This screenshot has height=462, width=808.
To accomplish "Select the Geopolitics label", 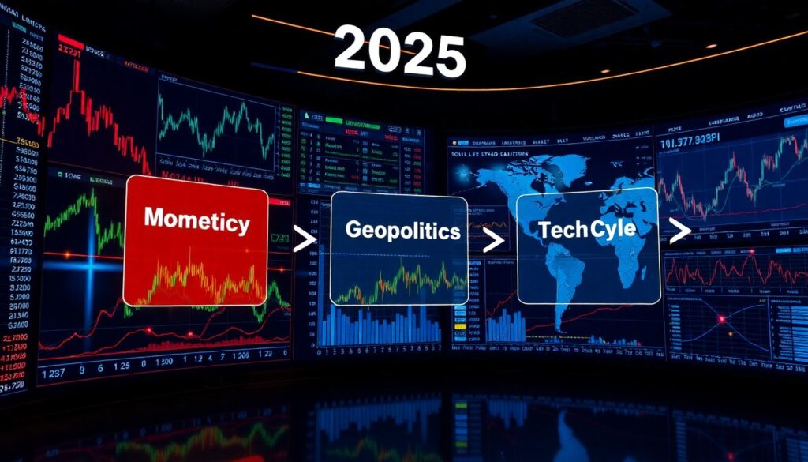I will click(x=402, y=231).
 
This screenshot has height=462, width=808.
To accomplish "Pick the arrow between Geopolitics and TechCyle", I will click(x=493, y=240).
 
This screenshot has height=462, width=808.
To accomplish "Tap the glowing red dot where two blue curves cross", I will click(x=720, y=319).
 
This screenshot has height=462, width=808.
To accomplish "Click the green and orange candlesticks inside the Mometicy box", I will click(x=197, y=280).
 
